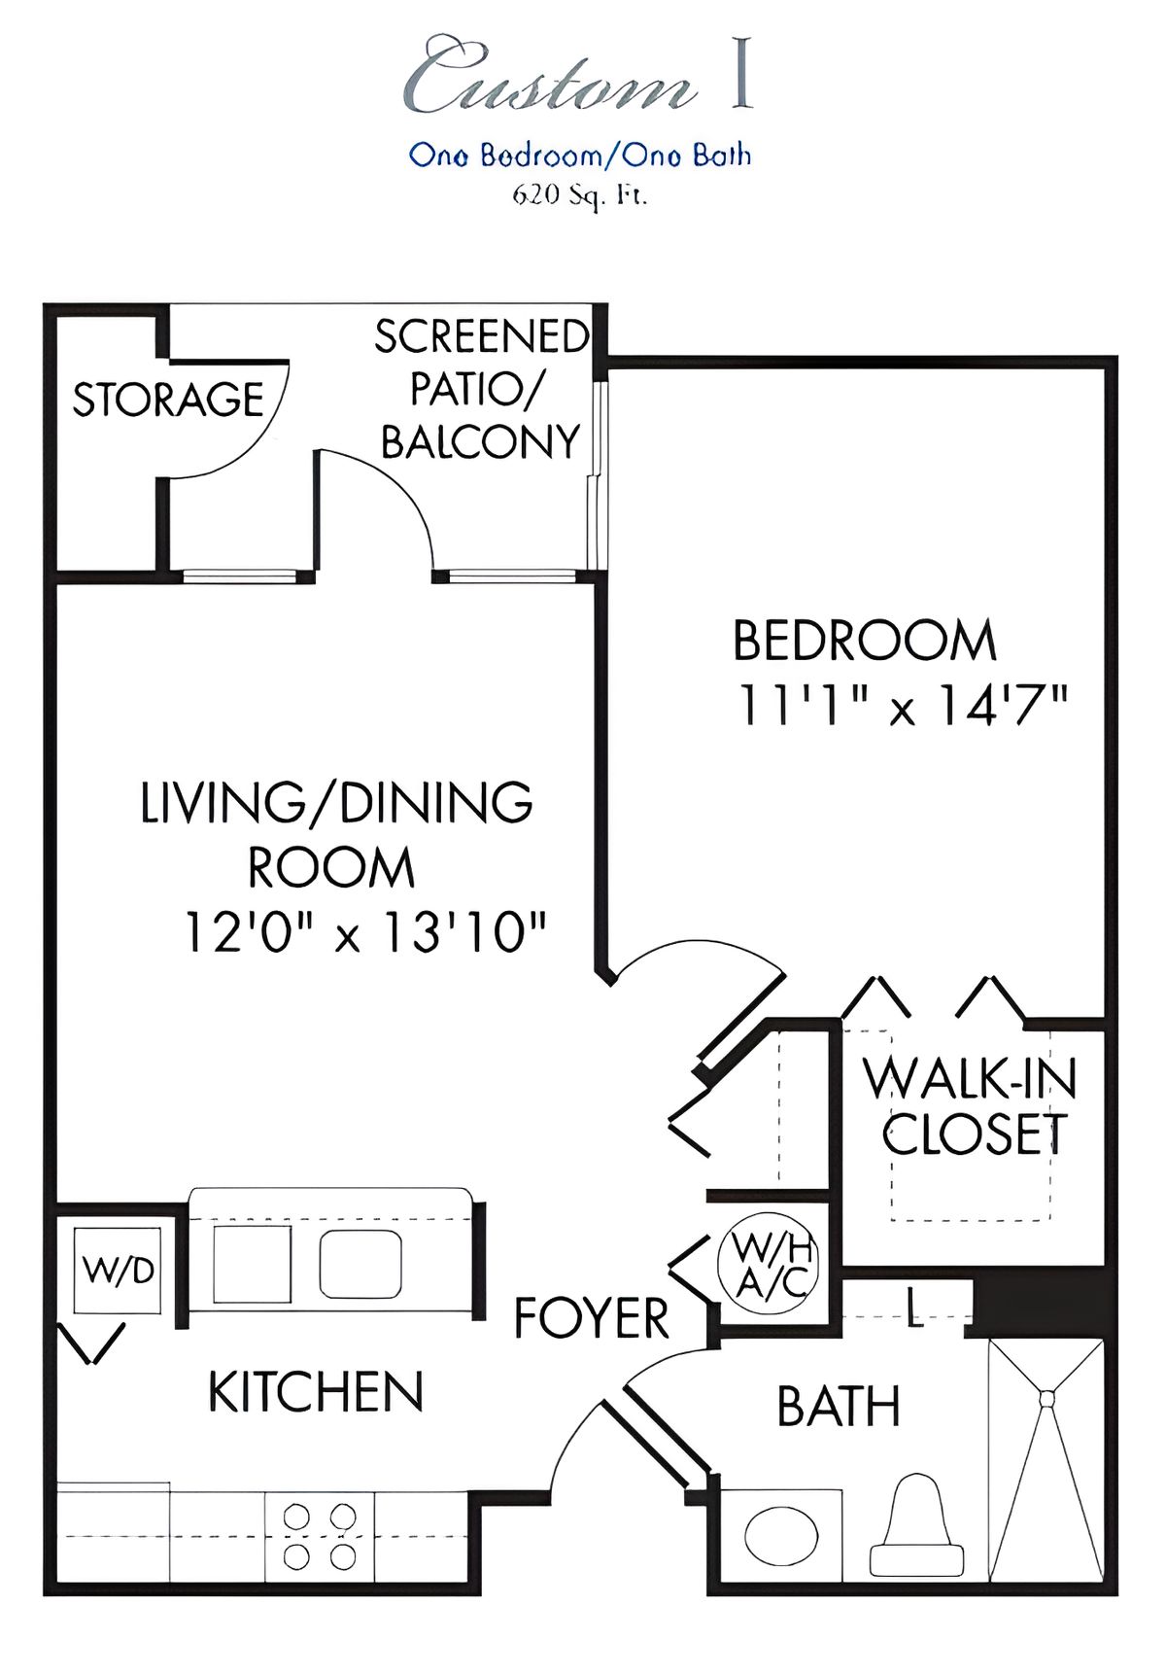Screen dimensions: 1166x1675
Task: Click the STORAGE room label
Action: coord(168,400)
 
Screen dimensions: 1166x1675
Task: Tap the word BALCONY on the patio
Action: coord(480,442)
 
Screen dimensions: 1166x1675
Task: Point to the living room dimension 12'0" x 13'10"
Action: coord(364,932)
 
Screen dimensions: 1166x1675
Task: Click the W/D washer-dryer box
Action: coord(119,1270)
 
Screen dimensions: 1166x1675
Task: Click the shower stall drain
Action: coord(1046,1399)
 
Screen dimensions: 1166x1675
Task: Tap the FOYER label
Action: coord(591,1319)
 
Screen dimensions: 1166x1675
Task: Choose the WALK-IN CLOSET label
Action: coord(971,1106)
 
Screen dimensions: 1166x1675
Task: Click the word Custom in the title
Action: coord(549,76)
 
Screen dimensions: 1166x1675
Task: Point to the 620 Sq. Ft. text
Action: coord(580,195)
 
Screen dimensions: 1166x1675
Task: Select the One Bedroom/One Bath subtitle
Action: coord(580,155)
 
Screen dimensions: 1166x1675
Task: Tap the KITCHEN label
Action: coord(316,1392)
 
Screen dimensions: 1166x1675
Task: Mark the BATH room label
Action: coord(839,1406)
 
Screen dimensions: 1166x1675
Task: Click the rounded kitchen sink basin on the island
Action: coord(360,1264)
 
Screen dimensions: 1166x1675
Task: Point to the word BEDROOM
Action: coord(865,641)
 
